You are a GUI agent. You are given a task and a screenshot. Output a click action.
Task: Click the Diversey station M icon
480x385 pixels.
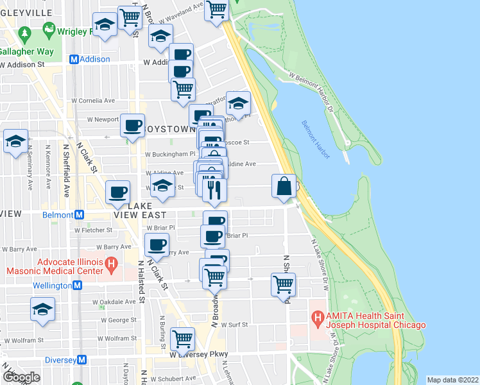coord(81,360)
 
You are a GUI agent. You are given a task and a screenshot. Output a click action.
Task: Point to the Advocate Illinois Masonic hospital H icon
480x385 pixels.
coord(111,263)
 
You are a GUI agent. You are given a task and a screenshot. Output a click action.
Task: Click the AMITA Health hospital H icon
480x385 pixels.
coord(316,317)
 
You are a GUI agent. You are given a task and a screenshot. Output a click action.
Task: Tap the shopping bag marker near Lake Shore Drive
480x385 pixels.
coord(284,187)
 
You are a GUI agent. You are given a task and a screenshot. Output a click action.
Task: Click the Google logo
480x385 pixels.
coord(21,377)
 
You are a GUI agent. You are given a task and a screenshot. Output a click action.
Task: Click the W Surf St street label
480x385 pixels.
coord(234,325)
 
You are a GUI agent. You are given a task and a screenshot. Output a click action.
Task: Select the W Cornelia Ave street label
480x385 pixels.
coord(93,101)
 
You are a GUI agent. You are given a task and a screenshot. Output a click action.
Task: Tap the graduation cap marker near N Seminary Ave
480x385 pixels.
coord(15,142)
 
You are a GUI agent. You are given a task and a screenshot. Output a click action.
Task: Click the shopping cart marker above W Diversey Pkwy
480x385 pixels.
coord(183,338)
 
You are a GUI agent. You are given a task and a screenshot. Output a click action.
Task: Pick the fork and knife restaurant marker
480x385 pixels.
coord(214,189)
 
